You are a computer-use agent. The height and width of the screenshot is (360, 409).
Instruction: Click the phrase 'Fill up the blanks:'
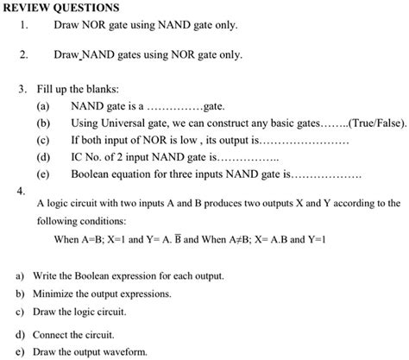point(77,90)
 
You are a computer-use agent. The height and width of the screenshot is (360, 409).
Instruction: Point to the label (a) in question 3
point(42,107)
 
